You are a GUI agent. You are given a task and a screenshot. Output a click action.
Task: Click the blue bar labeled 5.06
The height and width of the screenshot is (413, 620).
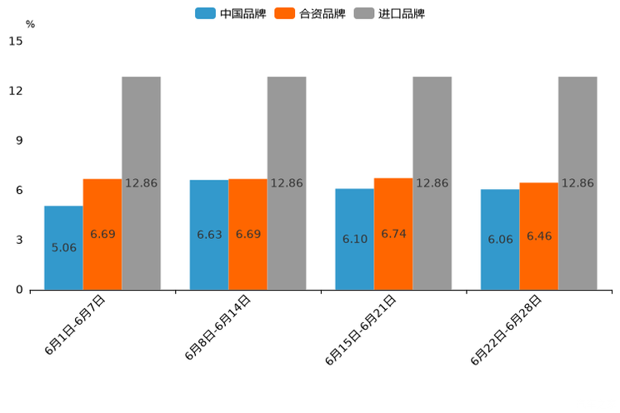point(63,247)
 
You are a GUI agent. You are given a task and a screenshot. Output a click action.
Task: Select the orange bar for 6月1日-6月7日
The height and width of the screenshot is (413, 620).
point(102,234)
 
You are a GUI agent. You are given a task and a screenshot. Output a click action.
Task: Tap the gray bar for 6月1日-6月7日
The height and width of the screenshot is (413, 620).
point(141,183)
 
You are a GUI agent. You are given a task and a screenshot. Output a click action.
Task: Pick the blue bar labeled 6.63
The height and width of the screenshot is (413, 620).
point(209,235)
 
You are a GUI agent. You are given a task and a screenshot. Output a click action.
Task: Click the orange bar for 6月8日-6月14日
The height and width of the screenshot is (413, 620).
point(247,234)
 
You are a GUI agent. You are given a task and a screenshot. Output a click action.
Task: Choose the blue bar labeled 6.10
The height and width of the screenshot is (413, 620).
point(354,239)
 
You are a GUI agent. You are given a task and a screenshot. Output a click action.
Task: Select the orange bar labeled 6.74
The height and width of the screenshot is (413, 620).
point(393,234)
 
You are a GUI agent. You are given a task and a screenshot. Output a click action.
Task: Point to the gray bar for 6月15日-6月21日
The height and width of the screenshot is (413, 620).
point(432,183)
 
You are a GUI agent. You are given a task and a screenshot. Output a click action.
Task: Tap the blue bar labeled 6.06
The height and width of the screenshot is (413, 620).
point(500,239)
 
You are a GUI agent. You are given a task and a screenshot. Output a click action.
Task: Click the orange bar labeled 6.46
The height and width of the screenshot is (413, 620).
point(538,236)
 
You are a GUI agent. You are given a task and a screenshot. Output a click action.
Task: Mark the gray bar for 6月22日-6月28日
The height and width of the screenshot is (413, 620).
point(577,183)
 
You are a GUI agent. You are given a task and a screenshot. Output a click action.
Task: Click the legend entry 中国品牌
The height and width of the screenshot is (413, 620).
point(231,13)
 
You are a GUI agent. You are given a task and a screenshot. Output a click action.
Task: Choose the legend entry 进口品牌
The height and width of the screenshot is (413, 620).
point(390,13)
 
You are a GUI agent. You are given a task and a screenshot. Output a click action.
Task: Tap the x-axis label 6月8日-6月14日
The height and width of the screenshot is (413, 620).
point(218,327)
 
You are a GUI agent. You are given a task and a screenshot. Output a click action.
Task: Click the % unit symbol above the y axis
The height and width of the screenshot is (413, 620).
point(30,24)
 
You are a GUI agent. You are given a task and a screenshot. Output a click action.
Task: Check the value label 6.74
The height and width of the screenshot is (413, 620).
point(393,234)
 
